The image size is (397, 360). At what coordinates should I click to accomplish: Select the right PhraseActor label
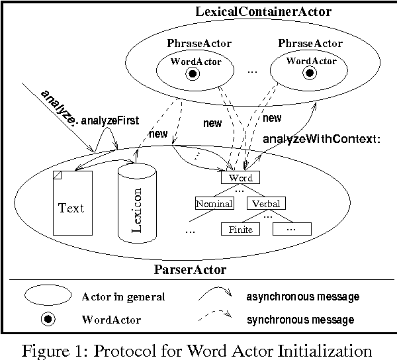coord(310,44)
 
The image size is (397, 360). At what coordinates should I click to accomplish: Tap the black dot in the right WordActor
coord(308,73)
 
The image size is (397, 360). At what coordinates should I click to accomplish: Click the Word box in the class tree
coord(240,178)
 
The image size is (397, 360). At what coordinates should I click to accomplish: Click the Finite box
coord(240,230)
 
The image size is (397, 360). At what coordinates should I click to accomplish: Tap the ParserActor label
coord(190,269)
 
